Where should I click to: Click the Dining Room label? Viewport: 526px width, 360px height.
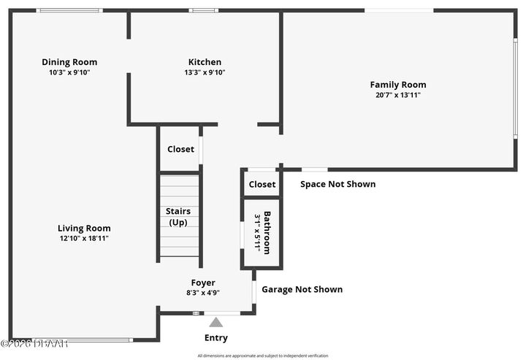click(69, 62)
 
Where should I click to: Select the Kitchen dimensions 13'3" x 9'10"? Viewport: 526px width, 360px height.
click(205, 72)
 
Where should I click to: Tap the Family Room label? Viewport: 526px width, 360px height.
click(397, 85)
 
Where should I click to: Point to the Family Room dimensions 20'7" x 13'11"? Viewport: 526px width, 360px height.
click(397, 95)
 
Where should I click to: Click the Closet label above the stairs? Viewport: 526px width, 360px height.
click(180, 149)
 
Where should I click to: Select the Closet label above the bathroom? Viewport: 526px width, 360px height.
click(262, 185)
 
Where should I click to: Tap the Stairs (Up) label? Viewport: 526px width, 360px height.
click(180, 217)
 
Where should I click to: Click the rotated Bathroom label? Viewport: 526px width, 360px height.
click(267, 233)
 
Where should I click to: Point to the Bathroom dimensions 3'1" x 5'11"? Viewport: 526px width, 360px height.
click(257, 233)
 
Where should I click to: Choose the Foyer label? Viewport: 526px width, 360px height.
click(203, 283)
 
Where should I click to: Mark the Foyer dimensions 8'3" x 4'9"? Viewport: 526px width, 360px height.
click(203, 292)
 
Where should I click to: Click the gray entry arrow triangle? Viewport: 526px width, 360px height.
click(216, 322)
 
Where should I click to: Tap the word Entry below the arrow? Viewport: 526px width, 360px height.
click(216, 338)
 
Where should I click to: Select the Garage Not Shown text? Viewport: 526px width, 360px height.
click(302, 289)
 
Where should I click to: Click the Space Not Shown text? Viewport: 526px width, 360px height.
click(338, 184)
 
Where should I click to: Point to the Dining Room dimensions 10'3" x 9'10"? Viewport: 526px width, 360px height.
click(69, 72)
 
